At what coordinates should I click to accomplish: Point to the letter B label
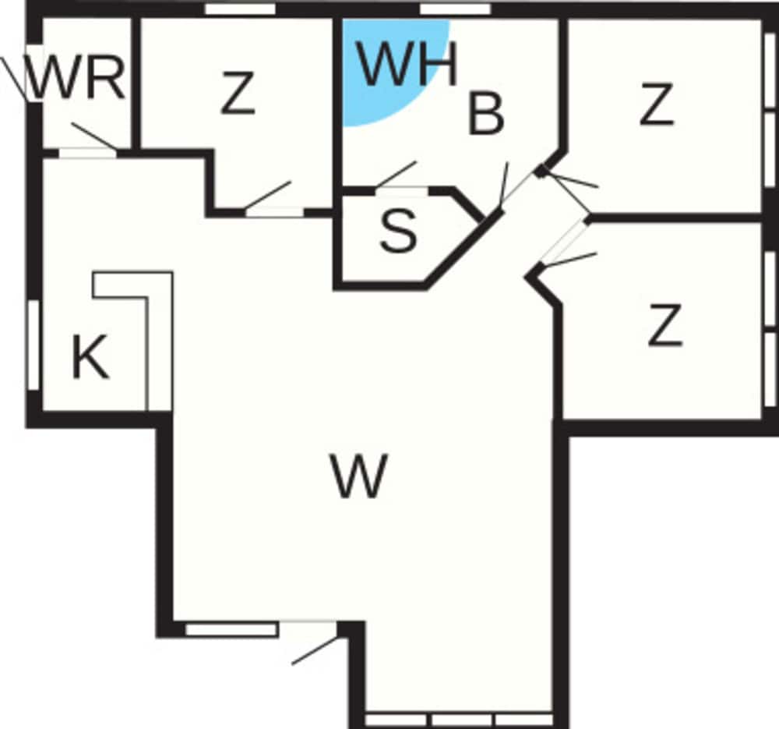pos(486,115)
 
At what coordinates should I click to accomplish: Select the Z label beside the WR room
pos(238,93)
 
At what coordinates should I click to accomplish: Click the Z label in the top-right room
pos(657,105)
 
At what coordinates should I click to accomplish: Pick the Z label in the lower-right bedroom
pos(664,327)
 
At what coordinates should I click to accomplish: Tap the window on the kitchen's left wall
pos(33,344)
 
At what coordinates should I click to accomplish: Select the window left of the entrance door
pos(231,629)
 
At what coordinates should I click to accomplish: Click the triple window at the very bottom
pos(459,720)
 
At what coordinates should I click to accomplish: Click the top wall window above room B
pos(455,9)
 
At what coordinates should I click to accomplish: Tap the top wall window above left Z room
pos(240,9)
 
